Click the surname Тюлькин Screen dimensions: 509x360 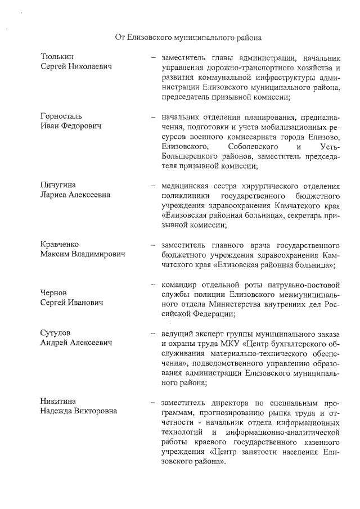57,57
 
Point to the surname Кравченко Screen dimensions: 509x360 60,244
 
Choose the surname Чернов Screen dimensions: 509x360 54,292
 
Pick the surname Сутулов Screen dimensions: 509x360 56,332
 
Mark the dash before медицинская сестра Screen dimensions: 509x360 152,186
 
